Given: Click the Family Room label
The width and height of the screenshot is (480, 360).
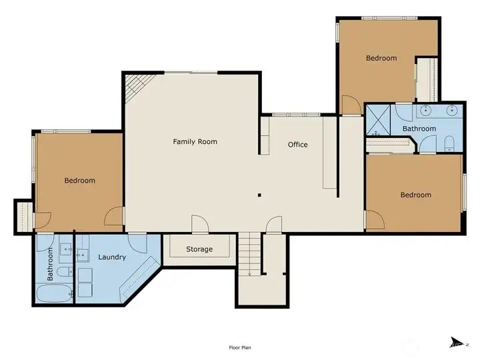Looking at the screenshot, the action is click(195, 142).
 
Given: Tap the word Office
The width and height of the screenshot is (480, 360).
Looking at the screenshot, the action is click(298, 145).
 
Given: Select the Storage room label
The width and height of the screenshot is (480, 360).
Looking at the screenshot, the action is click(199, 249).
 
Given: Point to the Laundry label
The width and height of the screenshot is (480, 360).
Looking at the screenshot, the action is click(112, 257).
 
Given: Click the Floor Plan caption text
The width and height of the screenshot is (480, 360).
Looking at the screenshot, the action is click(240, 347).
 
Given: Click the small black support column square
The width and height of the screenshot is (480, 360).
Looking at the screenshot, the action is click(259, 195).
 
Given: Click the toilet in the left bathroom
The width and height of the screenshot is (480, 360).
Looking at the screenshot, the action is click(65, 271).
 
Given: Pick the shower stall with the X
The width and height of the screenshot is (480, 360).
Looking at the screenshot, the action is click(379, 120).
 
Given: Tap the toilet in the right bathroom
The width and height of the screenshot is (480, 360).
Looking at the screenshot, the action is click(449, 144).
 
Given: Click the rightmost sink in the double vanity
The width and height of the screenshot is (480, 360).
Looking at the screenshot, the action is click(452, 110).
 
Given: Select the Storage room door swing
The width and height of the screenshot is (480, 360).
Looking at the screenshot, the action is click(200, 224).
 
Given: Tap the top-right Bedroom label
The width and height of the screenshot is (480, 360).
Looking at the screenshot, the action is click(381, 58).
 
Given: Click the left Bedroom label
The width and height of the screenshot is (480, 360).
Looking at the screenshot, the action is click(79, 180).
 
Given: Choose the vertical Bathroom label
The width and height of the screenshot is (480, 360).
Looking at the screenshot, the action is click(50, 264).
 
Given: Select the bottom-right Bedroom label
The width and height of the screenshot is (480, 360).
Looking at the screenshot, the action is click(416, 195).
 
